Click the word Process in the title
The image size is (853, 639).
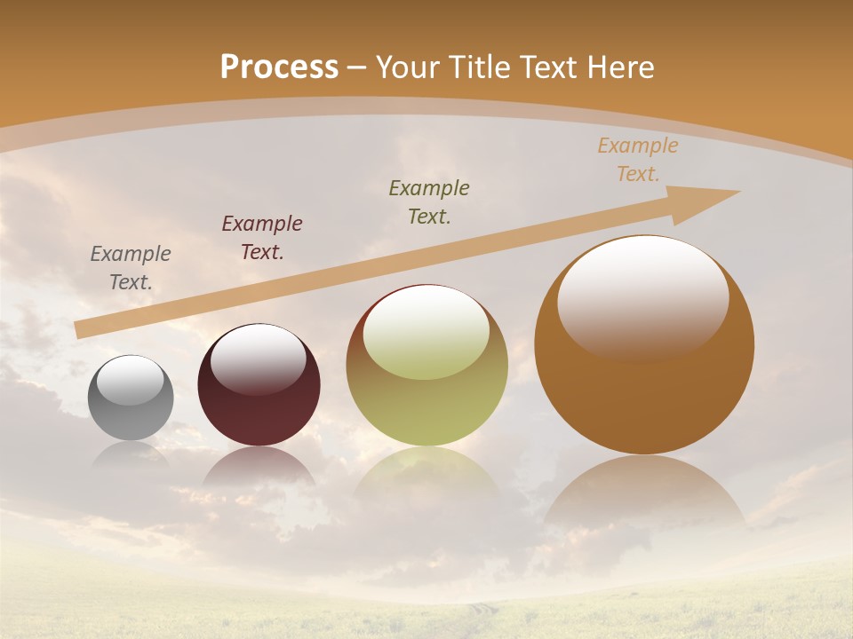[279, 67]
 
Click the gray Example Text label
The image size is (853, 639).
[131, 268]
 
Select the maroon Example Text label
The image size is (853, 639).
[262, 238]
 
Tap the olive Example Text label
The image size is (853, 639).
[429, 201]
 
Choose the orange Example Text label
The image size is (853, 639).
[637, 160]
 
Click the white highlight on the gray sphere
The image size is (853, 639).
[131, 380]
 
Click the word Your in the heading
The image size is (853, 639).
[406, 67]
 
